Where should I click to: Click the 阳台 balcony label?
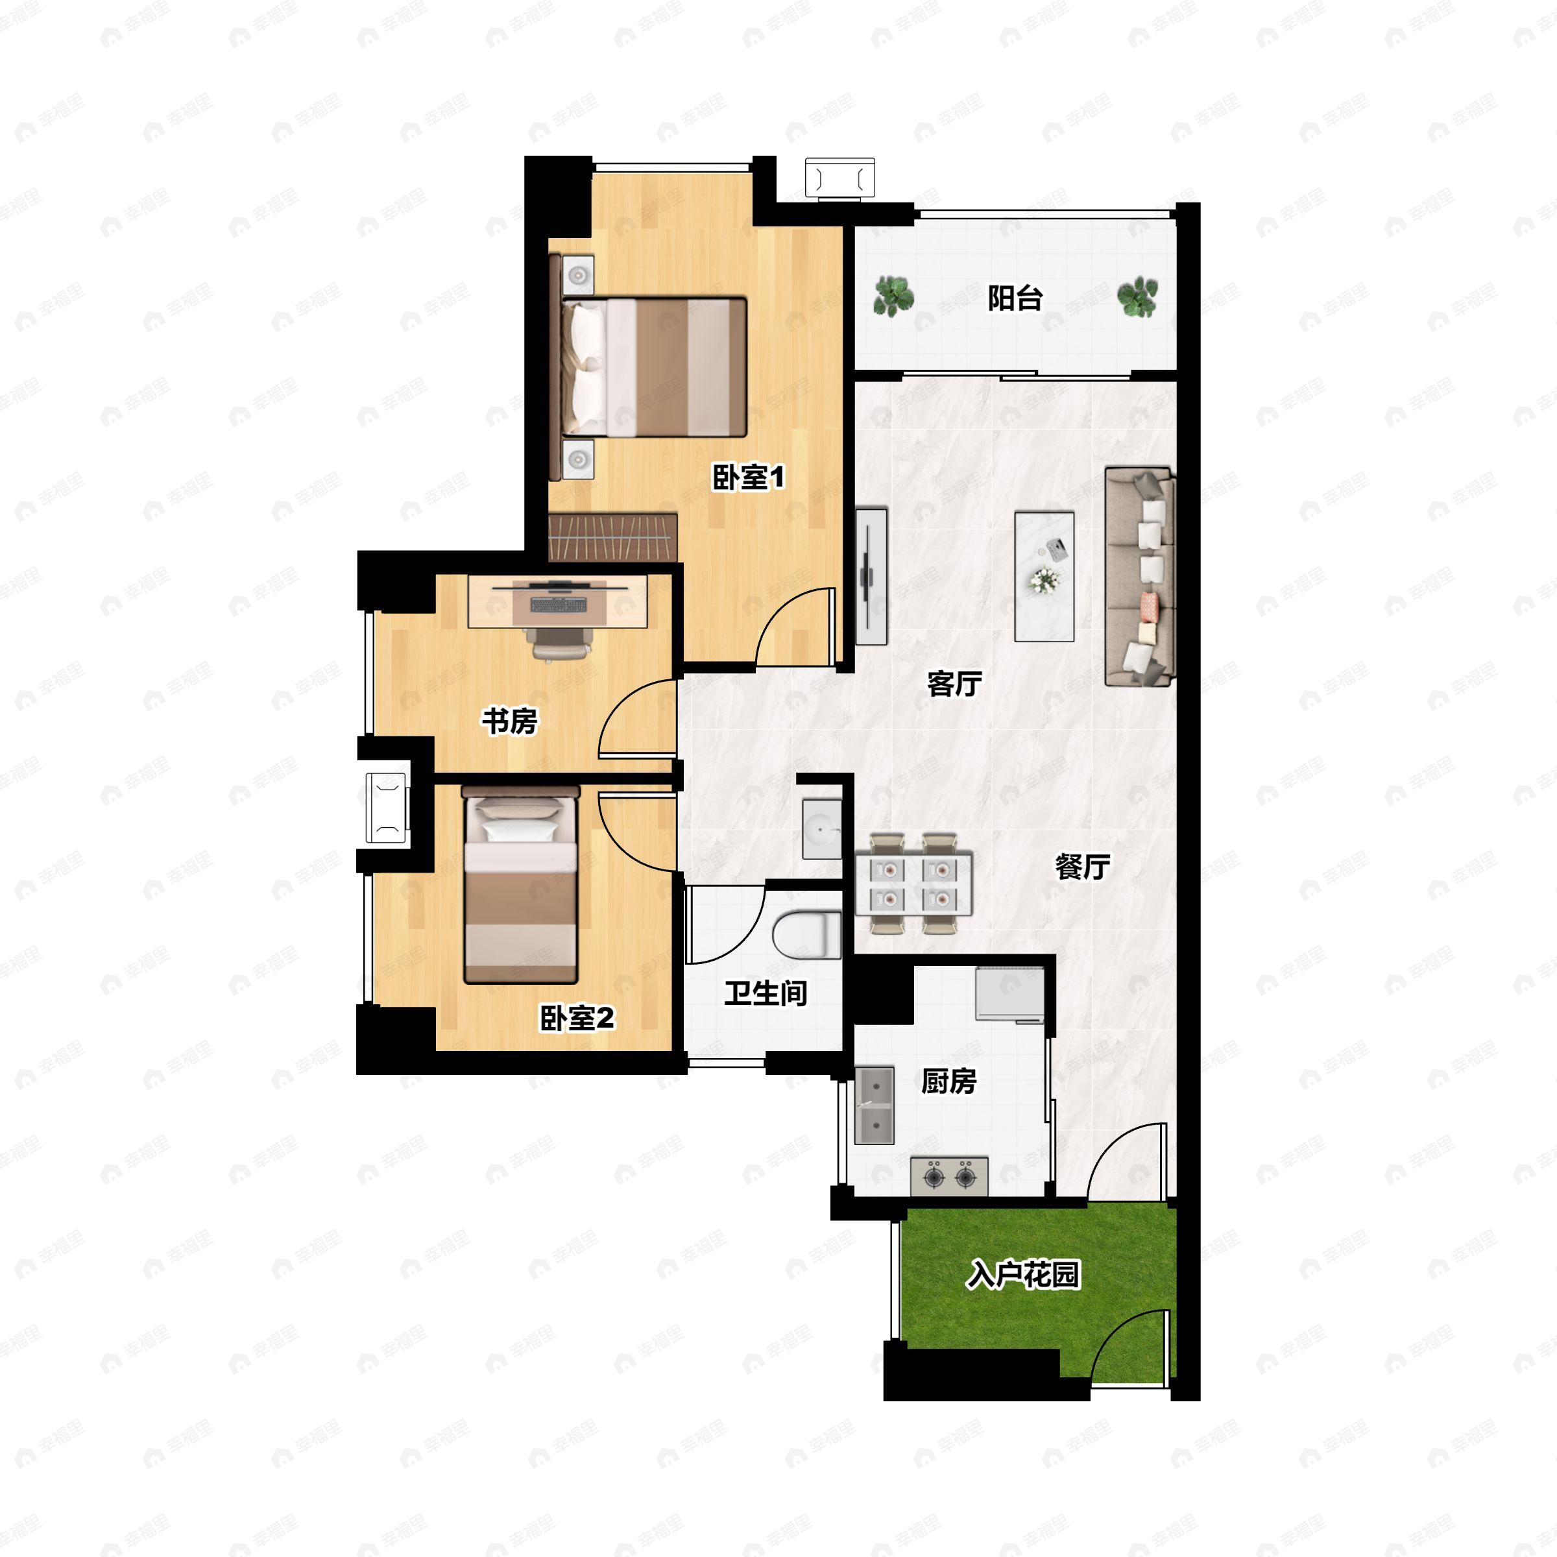pos(1015,299)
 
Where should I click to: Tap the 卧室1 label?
pos(748,478)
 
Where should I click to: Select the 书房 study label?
pos(509,721)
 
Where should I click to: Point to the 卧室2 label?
pos(577,1019)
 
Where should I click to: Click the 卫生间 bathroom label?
pos(765,993)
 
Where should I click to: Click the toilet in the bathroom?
pos(806,935)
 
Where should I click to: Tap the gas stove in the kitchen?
pos(949,1177)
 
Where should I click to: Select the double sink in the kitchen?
pos(875,1105)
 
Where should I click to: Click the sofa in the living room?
pos(1140,576)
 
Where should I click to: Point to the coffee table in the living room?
pos(1044,576)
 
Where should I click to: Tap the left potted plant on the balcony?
pos(893,296)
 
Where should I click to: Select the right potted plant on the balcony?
pos(1137,296)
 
